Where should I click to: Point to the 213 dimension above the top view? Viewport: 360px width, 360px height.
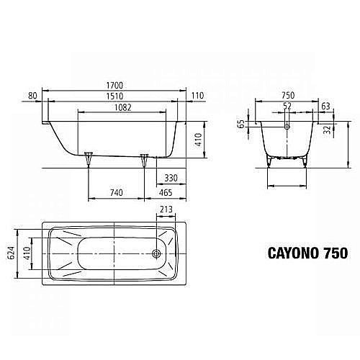click(166, 210)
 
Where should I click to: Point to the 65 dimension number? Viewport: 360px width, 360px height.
click(240, 124)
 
